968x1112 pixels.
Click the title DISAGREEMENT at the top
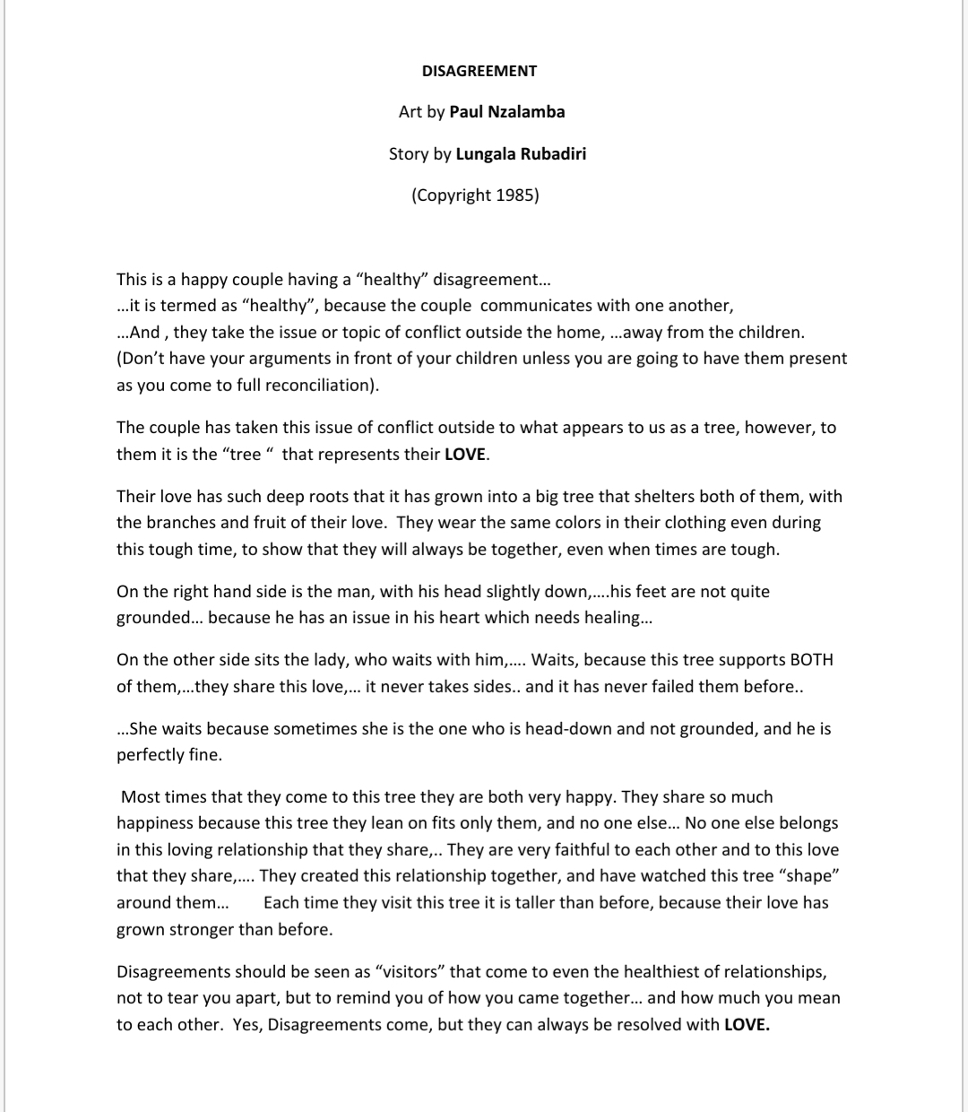click(480, 71)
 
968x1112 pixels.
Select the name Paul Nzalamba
click(506, 112)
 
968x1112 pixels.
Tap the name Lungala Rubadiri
click(521, 153)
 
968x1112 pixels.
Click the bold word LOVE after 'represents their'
click(465, 454)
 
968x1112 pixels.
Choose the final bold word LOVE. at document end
click(747, 1024)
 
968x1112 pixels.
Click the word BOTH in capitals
click(811, 660)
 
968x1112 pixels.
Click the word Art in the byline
click(410, 112)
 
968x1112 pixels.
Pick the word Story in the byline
click(409, 153)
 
